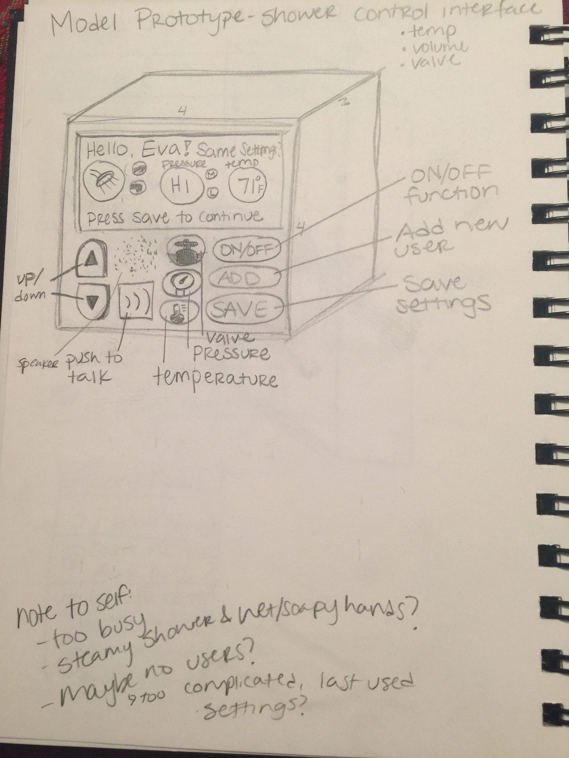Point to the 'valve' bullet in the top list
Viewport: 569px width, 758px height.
point(432,61)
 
